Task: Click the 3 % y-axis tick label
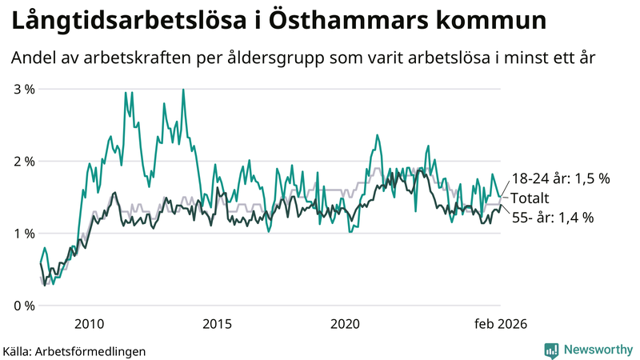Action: (24, 89)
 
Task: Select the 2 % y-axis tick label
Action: (24, 162)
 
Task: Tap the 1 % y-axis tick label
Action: (24, 234)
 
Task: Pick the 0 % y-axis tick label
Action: (24, 306)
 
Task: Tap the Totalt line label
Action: (530, 198)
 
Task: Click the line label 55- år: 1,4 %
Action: (552, 217)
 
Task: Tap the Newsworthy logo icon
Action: (551, 350)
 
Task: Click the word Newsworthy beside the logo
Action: (595, 350)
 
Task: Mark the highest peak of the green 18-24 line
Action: (184, 90)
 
